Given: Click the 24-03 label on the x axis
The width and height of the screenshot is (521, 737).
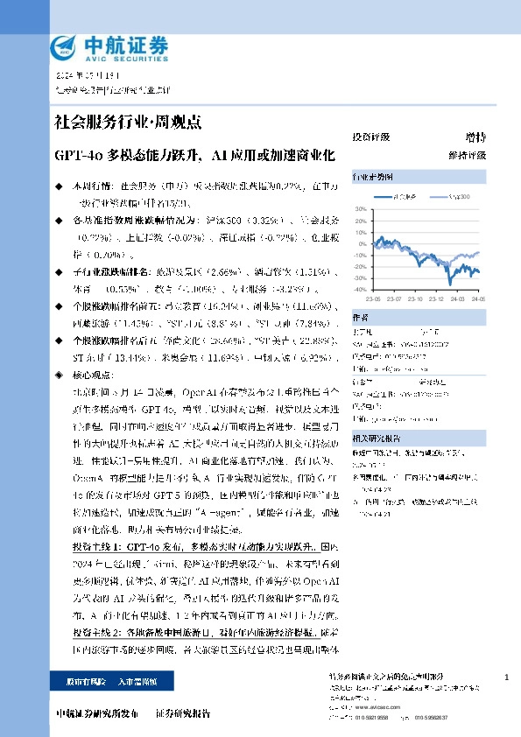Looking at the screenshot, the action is coord(457,297).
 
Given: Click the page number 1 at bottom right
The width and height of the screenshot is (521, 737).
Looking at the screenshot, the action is coord(508,678).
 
